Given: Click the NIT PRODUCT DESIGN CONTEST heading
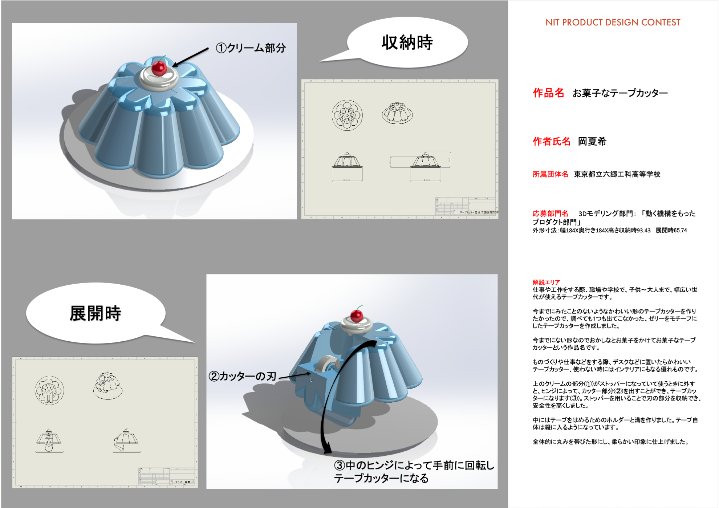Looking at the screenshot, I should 613,23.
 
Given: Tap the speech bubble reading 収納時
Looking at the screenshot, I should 407,42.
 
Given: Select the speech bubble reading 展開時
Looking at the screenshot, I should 95,313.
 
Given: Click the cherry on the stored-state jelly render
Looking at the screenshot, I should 159,68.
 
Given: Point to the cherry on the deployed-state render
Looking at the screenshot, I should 357,315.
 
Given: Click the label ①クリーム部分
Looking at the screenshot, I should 251,48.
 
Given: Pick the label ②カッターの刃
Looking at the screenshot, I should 242,376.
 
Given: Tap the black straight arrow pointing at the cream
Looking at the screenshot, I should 190,57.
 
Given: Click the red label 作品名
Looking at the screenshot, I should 548,93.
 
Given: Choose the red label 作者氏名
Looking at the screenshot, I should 551,141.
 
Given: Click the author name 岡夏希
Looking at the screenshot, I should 592,141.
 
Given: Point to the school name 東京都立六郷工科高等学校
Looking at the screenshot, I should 617,174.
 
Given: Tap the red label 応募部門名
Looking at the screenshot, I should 550,214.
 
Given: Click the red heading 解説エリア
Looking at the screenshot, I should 546,282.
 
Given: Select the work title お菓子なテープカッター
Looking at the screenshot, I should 620,93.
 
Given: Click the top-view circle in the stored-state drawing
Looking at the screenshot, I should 347,115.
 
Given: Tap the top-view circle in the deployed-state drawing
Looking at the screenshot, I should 49,390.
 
